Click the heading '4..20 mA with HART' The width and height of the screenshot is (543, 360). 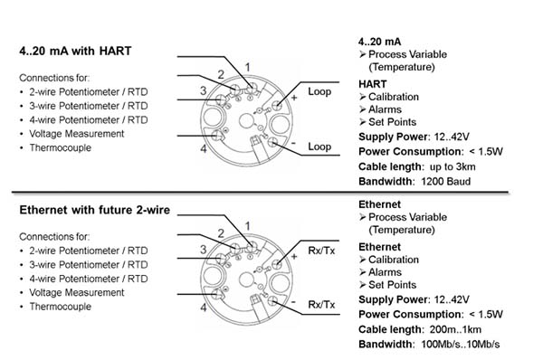click(x=75, y=51)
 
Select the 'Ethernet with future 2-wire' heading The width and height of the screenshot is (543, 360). click(x=94, y=210)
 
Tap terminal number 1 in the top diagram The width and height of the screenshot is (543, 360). click(x=247, y=67)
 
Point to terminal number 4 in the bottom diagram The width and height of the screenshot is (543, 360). click(x=204, y=307)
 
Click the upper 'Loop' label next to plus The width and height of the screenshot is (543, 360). click(x=319, y=91)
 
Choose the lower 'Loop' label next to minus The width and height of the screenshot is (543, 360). click(x=319, y=147)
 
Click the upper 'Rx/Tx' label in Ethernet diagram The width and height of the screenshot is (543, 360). click(x=321, y=251)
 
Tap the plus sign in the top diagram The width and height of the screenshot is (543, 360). click(x=294, y=98)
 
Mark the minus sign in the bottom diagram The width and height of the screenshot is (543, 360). click(x=293, y=302)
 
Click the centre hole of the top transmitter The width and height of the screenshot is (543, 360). click(x=246, y=121)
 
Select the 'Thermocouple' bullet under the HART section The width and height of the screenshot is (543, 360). click(x=61, y=147)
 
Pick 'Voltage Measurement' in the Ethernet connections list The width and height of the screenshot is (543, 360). click(x=77, y=292)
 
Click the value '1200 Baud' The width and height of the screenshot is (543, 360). click(x=445, y=182)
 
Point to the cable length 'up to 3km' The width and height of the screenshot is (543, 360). click(x=452, y=166)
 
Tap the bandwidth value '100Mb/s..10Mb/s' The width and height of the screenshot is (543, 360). click(x=461, y=344)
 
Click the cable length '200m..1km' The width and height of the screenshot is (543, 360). click(x=455, y=329)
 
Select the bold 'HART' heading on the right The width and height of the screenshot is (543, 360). click(x=373, y=84)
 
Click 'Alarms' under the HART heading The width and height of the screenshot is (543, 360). click(x=385, y=109)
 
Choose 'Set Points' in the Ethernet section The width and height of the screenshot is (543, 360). click(x=393, y=285)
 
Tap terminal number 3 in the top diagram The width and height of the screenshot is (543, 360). click(x=204, y=90)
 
